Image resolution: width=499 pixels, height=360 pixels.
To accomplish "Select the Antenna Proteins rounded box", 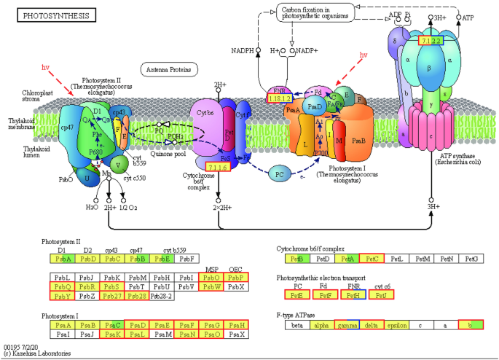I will click(170, 69).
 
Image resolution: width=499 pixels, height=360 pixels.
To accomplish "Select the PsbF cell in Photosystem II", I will click(188, 258).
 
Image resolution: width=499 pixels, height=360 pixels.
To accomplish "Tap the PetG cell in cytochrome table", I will click(471, 258).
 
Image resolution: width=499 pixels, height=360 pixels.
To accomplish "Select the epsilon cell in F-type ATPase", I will click(396, 325).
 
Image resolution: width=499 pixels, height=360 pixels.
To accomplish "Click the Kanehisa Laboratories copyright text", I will click(36, 353).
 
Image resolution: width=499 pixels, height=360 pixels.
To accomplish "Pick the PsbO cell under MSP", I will click(212, 277).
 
